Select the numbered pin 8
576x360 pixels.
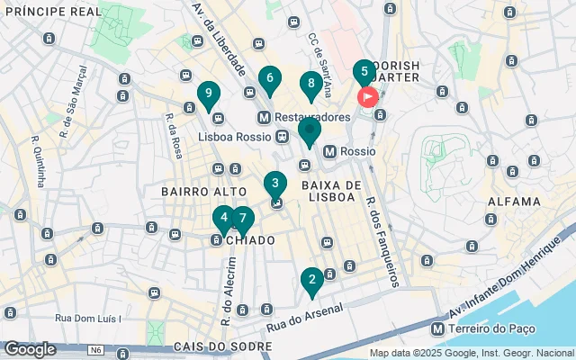[310, 85]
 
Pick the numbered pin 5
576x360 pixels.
[364, 73]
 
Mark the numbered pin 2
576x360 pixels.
[311, 281]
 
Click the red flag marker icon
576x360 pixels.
[368, 97]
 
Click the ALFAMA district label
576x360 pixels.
[514, 202]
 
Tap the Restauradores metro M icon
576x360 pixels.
[264, 118]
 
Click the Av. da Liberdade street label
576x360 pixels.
[220, 36]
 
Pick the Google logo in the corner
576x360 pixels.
[30, 349]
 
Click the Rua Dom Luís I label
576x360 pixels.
[87, 318]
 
